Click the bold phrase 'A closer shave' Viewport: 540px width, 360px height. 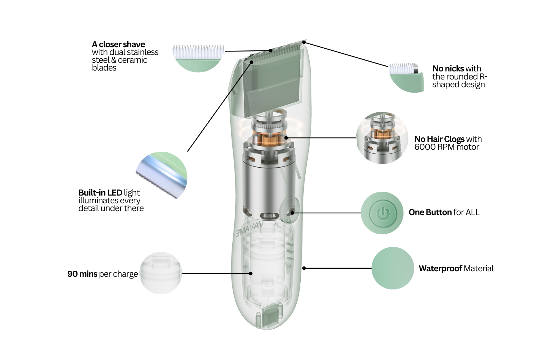coord(118,44)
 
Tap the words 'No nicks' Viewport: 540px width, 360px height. coord(448,69)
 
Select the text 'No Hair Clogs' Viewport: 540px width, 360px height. coord(439,139)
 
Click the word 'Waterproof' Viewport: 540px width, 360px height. coord(440,269)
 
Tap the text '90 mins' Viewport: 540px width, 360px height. coord(82,274)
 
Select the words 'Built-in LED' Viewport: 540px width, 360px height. coord(100,193)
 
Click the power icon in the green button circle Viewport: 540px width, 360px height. coord(383,213)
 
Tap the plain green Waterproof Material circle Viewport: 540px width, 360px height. coord(393,268)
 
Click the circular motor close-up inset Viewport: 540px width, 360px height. coord(382,138)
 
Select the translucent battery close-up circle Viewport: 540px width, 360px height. coord(161,273)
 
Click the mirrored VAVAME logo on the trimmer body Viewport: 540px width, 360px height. coord(249,229)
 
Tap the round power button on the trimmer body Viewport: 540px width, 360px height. coord(289,210)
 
